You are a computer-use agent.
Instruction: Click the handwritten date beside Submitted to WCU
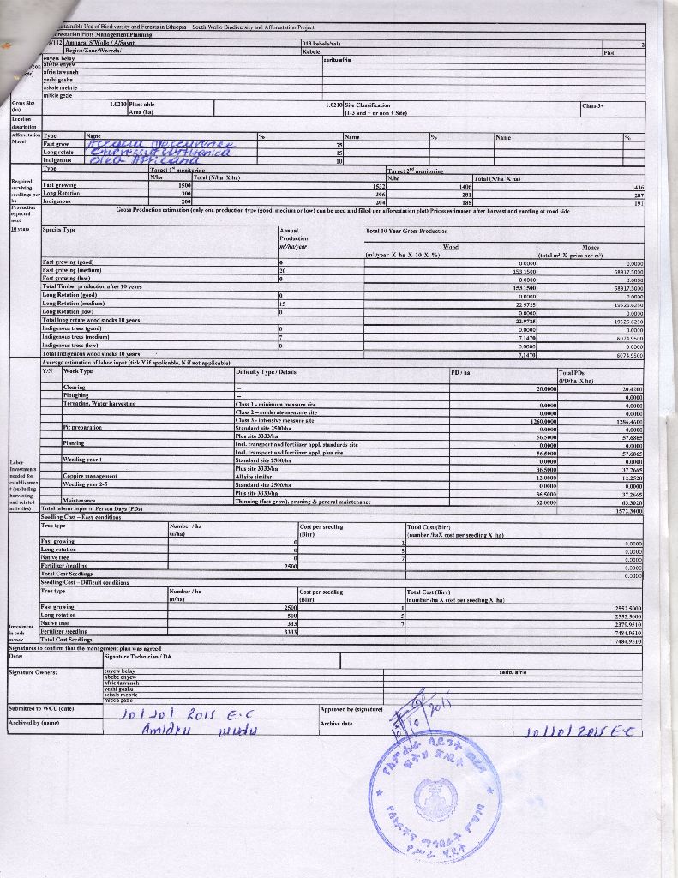pyautogui.click(x=183, y=713)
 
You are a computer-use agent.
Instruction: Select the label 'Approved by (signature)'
pyautogui.click(x=351, y=710)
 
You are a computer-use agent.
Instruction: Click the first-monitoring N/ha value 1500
pyautogui.click(x=183, y=185)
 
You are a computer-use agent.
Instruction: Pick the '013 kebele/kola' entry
pyautogui.click(x=321, y=42)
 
